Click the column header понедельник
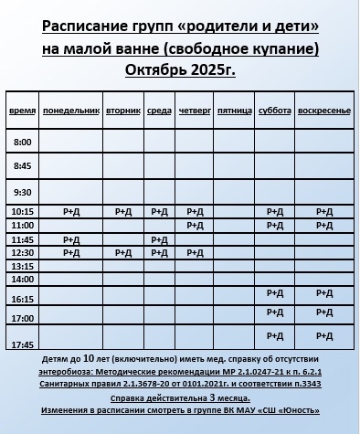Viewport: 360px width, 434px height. point(71,110)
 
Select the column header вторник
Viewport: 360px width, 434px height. point(122,110)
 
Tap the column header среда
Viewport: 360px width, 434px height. point(159,110)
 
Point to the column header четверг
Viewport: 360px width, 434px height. point(194,110)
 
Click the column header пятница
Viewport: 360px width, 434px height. point(235,111)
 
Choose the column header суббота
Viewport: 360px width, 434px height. point(275,110)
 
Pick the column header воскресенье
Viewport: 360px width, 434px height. point(324,110)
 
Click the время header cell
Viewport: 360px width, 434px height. point(23,111)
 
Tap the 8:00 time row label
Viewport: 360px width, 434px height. point(23,142)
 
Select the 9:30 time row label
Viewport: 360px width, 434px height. point(23,192)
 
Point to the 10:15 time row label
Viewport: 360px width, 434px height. point(23,212)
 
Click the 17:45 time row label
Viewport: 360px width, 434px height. point(23,344)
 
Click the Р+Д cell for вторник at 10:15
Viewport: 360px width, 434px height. point(122,211)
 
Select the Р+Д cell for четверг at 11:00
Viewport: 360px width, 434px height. point(195,225)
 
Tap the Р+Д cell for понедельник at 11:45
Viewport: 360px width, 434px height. point(72,238)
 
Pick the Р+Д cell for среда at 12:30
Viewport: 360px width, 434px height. point(159,252)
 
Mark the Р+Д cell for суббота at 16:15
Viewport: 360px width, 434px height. point(275,292)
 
